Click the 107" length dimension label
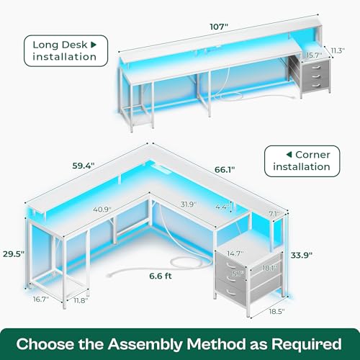point(219,27)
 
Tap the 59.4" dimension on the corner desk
point(84,166)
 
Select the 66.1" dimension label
point(225,170)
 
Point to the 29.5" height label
point(14,254)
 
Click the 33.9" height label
point(302,255)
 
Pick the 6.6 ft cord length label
point(161,276)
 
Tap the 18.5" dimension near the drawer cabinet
point(276,312)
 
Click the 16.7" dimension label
point(41,300)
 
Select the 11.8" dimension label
point(81,300)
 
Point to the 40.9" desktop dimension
point(102,210)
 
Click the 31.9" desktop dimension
point(189,204)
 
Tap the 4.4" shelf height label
point(222,207)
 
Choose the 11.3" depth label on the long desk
point(338,50)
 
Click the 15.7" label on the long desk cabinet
point(314,55)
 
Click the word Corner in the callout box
point(312,155)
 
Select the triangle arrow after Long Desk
point(94,45)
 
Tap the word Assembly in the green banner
point(145,344)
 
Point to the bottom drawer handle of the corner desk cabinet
point(231,292)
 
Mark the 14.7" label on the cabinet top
point(235,253)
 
